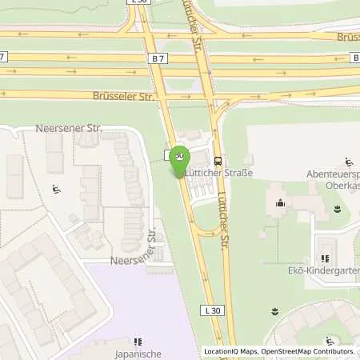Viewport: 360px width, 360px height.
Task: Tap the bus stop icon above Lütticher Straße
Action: [219, 159]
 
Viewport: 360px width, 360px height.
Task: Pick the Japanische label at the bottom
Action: [139, 353]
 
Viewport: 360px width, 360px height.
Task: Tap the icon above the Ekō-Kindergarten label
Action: [324, 258]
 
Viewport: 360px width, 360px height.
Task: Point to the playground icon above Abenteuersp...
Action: [348, 162]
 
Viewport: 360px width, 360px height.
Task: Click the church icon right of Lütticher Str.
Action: [280, 203]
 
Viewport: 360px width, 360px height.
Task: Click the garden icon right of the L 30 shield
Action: [274, 310]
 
